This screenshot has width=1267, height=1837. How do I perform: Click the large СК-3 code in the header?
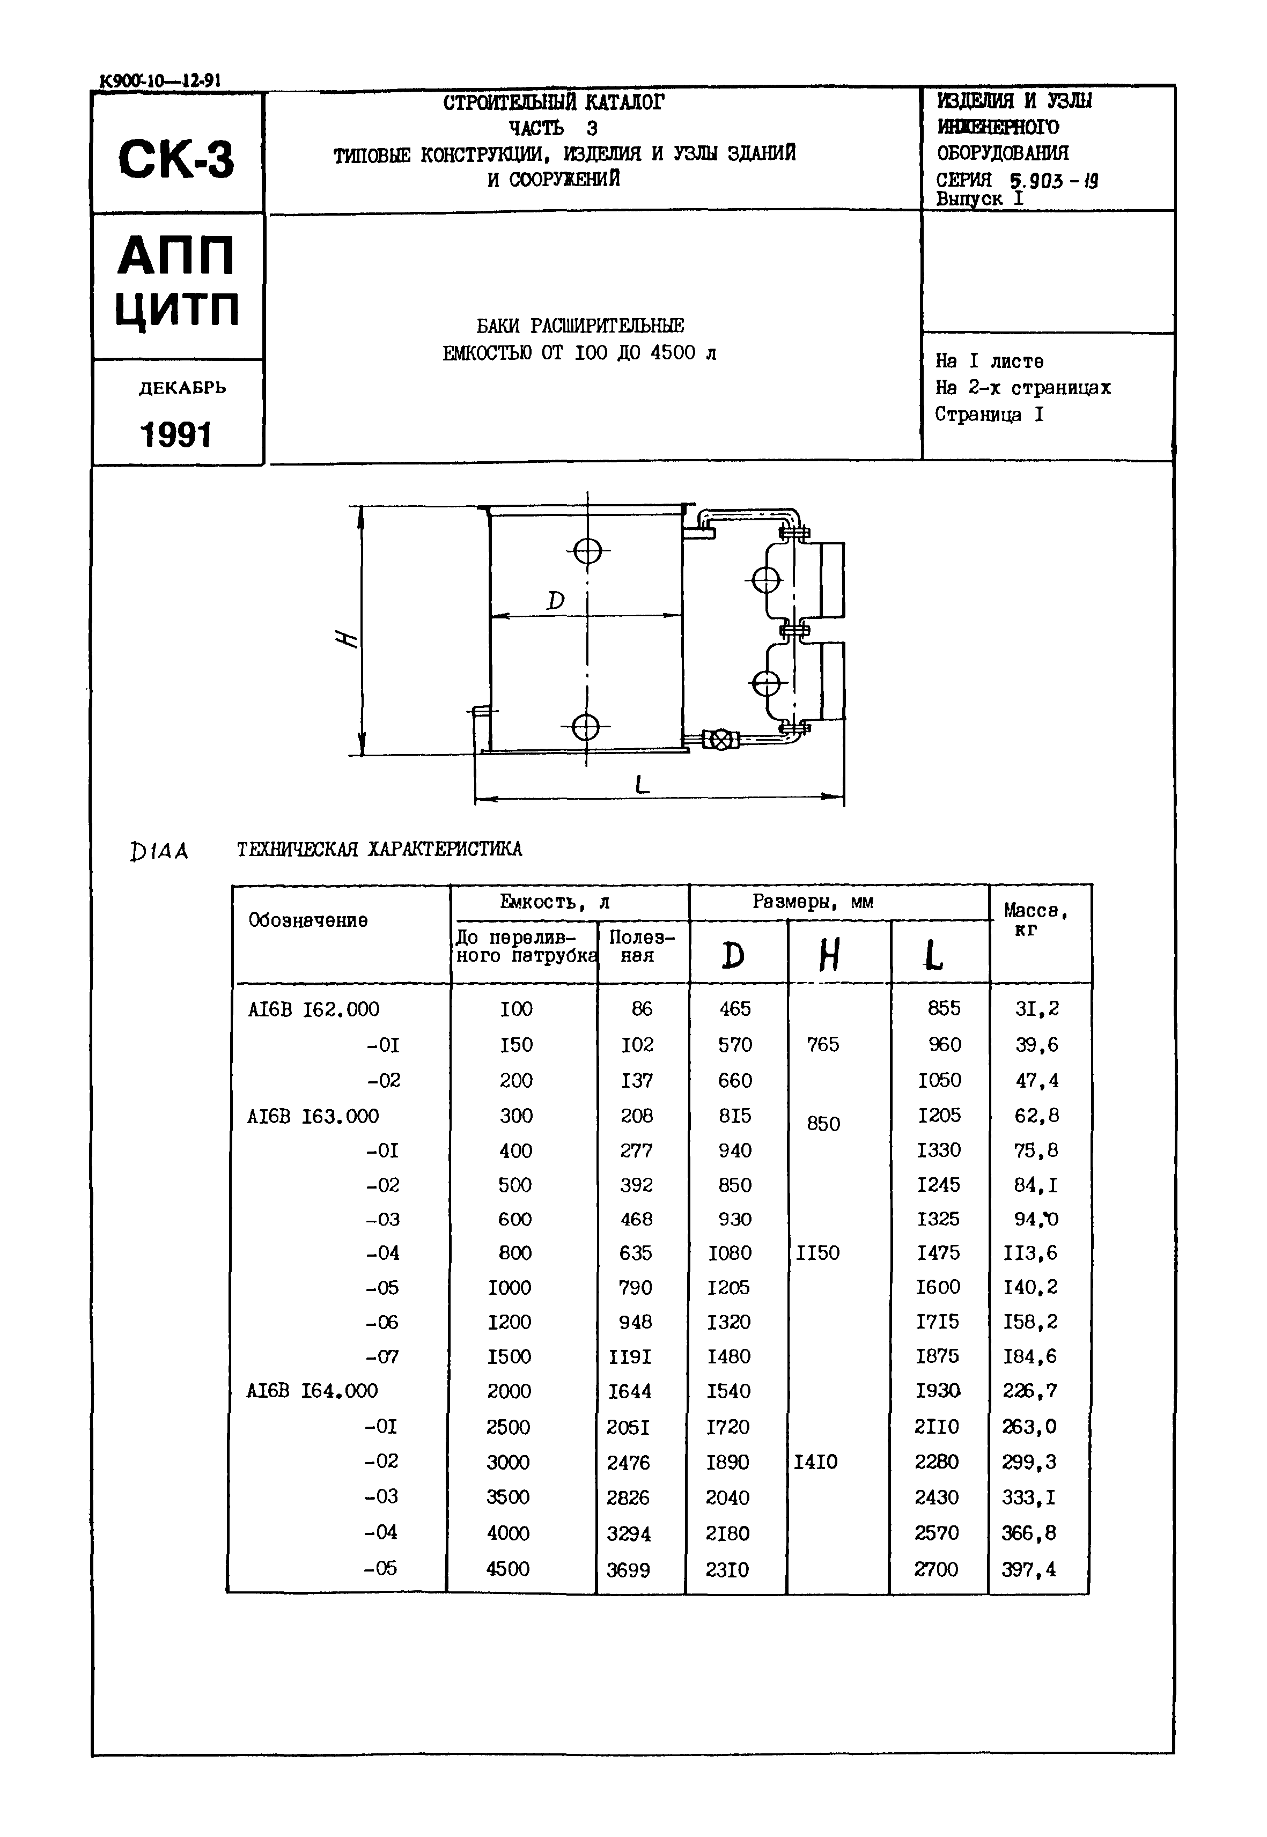pyautogui.click(x=176, y=159)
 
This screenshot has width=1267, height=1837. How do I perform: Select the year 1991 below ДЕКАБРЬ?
pyautogui.click(x=176, y=435)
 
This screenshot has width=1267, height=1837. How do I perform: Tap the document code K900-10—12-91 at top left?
pyautogui.click(x=160, y=80)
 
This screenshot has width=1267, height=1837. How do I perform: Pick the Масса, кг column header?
pyautogui.click(x=1035, y=919)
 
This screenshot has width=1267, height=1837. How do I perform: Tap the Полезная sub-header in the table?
pyautogui.click(x=642, y=946)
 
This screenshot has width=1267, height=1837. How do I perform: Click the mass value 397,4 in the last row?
pyautogui.click(x=1029, y=1569)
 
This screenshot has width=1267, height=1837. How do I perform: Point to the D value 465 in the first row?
pyautogui.click(x=734, y=1009)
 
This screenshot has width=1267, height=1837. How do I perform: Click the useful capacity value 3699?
pyautogui.click(x=628, y=1569)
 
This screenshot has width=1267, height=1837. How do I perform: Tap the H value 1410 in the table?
pyautogui.click(x=815, y=1462)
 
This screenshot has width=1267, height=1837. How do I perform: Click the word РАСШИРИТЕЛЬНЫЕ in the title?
pyautogui.click(x=607, y=326)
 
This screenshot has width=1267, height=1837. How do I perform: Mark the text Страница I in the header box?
pyautogui.click(x=989, y=415)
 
